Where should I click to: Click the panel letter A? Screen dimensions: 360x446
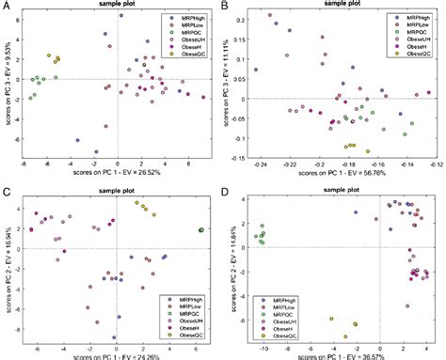pyautogui.click(x=8, y=8)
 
